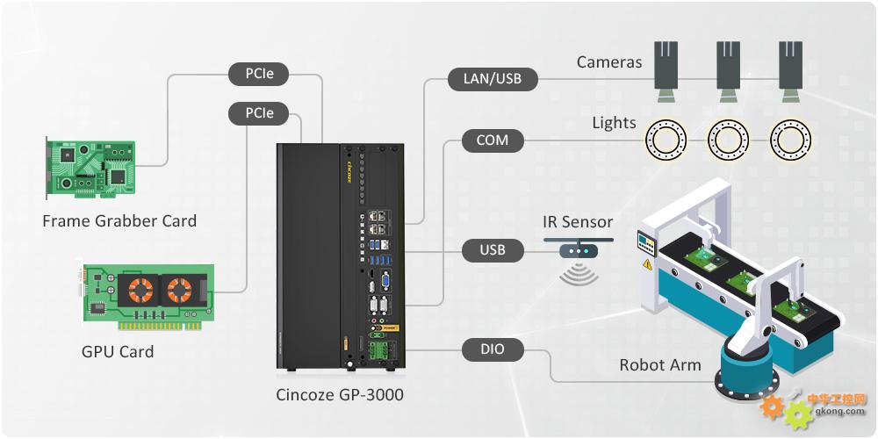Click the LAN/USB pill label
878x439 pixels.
[493, 79]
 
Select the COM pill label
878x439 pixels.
[493, 140]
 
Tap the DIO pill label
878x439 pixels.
[493, 350]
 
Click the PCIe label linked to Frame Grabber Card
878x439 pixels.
[259, 74]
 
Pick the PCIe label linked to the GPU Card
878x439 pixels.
[259, 113]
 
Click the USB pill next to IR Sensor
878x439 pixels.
[493, 249]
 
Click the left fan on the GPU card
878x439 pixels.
[140, 290]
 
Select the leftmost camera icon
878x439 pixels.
[666, 72]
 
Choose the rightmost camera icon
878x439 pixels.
[791, 72]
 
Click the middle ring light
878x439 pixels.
[728, 140]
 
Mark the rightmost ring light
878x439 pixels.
[790, 140]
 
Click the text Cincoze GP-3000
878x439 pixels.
[339, 395]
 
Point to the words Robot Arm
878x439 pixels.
[659, 365]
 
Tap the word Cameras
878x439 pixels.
[609, 61]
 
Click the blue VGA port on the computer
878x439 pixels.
[385, 281]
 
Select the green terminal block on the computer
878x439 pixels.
[374, 350]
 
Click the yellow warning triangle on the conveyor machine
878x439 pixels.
[647, 264]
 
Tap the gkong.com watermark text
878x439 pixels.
[837, 412]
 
